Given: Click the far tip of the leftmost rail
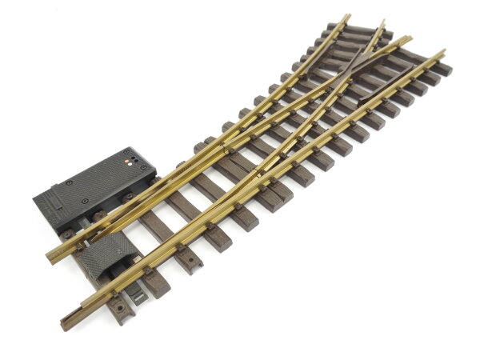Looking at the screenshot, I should pyautogui.click(x=347, y=15).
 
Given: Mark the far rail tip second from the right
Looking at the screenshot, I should pyautogui.click(x=410, y=38).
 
